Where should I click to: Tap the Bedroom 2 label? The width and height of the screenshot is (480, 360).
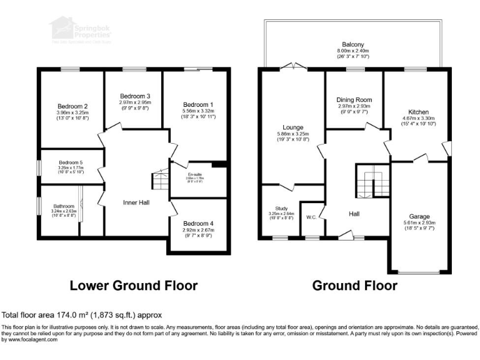(x=72, y=106)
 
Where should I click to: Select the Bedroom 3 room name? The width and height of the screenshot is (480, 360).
(x=134, y=96)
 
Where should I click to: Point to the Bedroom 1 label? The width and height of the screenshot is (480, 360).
(x=198, y=104)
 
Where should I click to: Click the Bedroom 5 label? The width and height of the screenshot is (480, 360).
(x=71, y=162)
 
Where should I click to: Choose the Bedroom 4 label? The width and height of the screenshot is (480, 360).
(x=198, y=223)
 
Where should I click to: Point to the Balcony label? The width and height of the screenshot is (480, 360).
(x=354, y=45)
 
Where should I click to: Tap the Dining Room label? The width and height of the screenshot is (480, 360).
(x=354, y=99)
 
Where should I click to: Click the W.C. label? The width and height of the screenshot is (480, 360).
(x=311, y=217)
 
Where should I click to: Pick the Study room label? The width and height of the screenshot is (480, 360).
(x=280, y=208)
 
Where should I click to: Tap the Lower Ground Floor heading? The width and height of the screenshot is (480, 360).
(x=133, y=286)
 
